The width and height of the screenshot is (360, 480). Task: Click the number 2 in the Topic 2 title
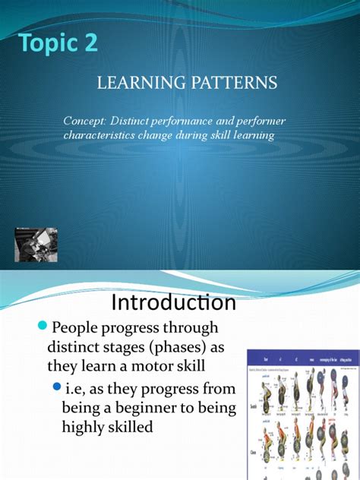click(x=90, y=43)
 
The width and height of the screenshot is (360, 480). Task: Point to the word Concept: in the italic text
click(x=87, y=122)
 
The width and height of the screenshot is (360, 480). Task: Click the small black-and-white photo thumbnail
click(x=36, y=241)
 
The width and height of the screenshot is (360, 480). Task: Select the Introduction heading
click(x=173, y=304)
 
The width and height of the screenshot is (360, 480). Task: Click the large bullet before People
click(x=43, y=326)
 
